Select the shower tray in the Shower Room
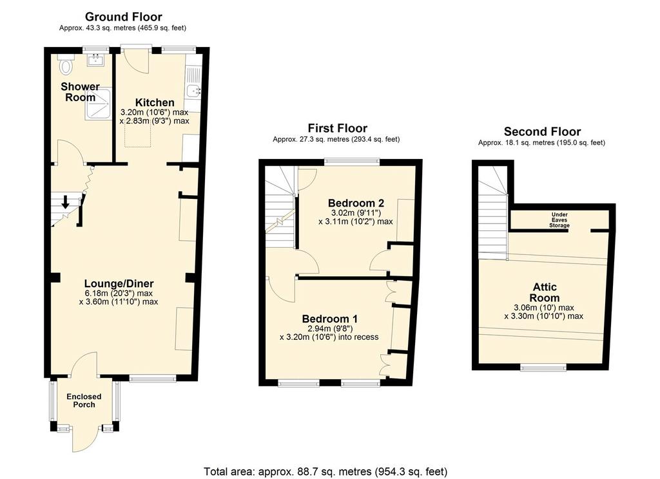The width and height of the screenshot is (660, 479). (x=98, y=104)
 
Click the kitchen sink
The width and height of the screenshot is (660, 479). (x=192, y=89)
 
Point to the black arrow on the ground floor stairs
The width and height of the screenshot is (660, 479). (x=65, y=202)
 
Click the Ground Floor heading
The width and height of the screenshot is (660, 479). (x=123, y=17)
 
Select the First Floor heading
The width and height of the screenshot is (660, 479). (x=338, y=128)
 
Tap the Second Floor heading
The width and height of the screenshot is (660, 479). (x=542, y=131)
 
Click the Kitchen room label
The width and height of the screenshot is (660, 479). (x=155, y=102)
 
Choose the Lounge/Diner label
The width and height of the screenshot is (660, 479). (x=119, y=283)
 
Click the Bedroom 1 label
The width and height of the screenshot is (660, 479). (x=329, y=318)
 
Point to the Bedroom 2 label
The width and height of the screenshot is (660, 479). (x=356, y=203)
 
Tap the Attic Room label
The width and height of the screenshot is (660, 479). (x=544, y=292)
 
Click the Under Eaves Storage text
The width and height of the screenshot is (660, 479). (x=559, y=220)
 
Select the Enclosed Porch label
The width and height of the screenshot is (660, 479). (x=84, y=400)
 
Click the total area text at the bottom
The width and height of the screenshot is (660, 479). (x=325, y=471)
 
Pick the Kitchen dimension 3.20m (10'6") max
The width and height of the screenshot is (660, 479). (x=154, y=112)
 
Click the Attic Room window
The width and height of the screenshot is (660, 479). (x=543, y=368)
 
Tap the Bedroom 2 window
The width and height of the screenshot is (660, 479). (x=352, y=161)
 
